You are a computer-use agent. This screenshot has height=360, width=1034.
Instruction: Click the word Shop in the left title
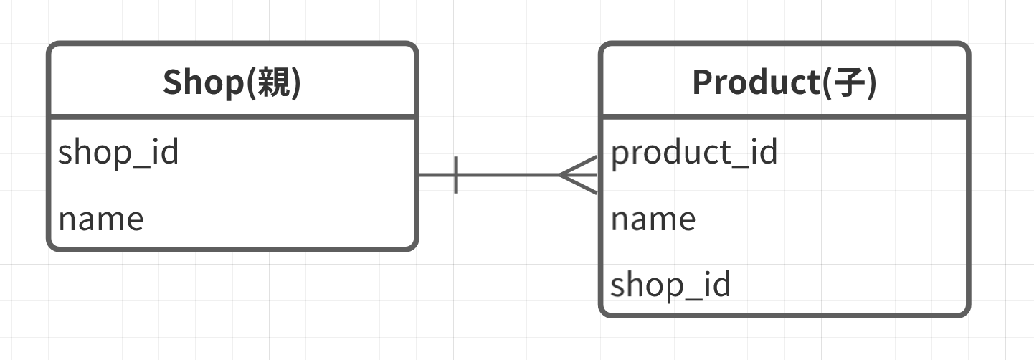[204, 82]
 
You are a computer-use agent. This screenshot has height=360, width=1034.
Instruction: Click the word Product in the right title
[756, 82]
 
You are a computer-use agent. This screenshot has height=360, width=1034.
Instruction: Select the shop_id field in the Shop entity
[118, 152]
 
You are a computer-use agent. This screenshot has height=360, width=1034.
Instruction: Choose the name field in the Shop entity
[101, 219]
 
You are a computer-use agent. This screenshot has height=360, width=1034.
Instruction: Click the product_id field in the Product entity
[694, 152]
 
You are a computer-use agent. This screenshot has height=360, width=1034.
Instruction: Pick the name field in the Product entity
[653, 219]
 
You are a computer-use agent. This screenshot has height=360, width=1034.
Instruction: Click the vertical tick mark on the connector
[456, 175]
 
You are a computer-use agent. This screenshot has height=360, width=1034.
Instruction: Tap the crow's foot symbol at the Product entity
[579, 175]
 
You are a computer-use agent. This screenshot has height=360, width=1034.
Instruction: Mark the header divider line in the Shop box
[232, 117]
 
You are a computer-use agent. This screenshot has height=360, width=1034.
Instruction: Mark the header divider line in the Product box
[784, 117]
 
